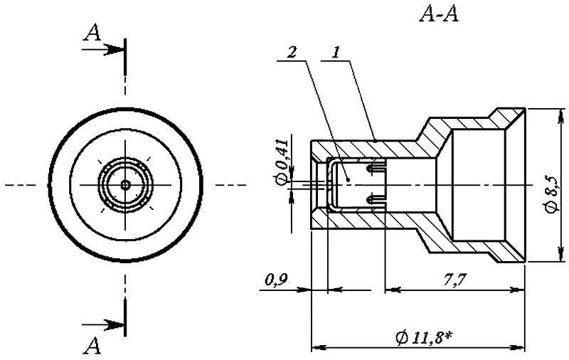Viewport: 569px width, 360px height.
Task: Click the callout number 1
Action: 336,53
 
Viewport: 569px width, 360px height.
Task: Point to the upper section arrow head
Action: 118,50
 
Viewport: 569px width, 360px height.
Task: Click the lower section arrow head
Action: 118,324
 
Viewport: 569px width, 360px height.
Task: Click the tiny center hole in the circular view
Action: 125,185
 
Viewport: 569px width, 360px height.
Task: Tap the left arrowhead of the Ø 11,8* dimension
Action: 317,348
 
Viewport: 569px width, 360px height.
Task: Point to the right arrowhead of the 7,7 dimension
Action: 521,290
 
